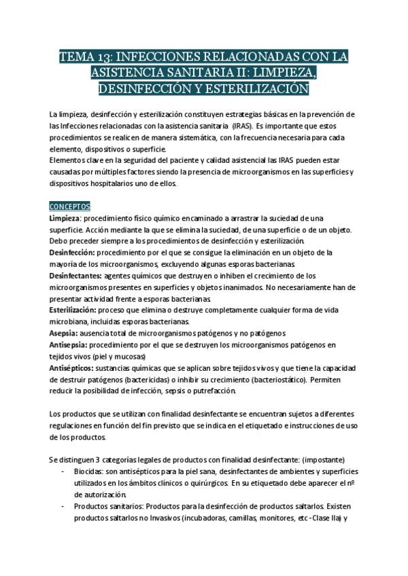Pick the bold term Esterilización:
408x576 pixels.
click(x=75, y=309)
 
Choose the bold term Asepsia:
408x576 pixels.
click(x=63, y=333)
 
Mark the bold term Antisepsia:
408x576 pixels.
click(x=69, y=344)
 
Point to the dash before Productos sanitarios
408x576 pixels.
click(x=63, y=507)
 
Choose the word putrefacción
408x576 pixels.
click(x=212, y=391)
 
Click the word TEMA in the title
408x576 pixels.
click(x=77, y=56)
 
